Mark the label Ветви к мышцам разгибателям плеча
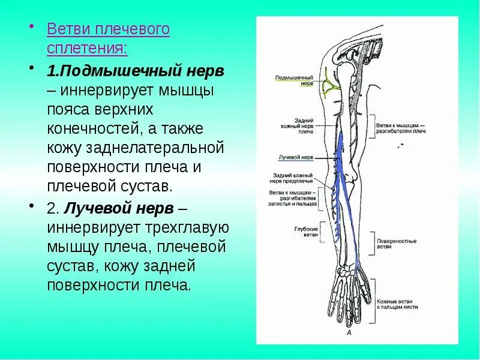[401, 128]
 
